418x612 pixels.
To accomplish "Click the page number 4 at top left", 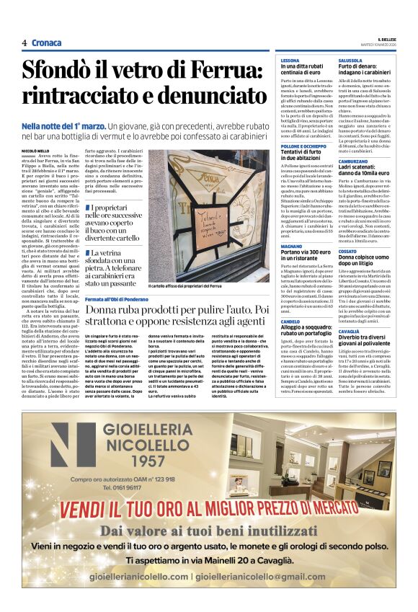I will [x=25, y=43].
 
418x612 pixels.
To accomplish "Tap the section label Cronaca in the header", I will [x=46, y=43].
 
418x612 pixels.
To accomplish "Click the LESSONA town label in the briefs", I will [x=290, y=61].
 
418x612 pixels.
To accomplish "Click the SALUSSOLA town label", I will [x=351, y=61].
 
